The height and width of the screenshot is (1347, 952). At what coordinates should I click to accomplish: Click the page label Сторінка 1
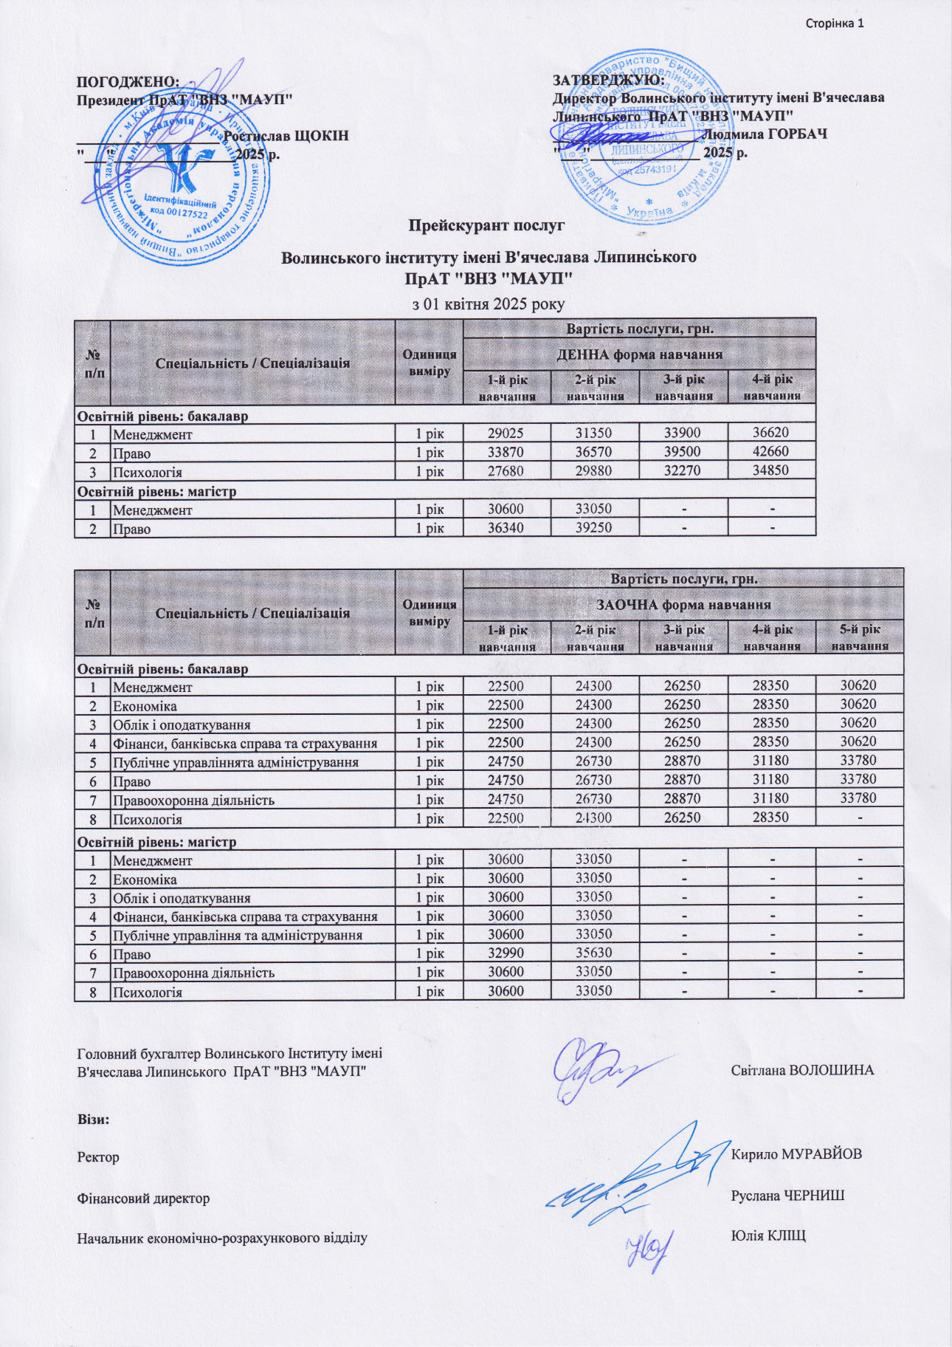(834, 24)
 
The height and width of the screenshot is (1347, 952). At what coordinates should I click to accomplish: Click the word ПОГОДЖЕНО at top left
(128, 81)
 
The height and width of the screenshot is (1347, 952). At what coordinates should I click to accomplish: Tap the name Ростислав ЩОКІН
(286, 136)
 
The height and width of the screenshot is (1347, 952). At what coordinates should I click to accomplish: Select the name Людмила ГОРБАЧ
(765, 134)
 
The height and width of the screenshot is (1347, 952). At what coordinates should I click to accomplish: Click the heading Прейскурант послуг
(486, 224)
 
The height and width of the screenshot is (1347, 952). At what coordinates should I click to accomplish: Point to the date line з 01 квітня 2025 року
(488, 304)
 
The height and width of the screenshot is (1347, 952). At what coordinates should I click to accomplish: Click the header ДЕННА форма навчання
(639, 354)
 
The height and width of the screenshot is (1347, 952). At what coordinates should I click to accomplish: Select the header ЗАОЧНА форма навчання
(683, 605)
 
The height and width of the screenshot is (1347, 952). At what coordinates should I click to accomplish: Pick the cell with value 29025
(506, 433)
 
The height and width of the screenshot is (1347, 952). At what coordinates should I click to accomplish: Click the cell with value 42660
(771, 452)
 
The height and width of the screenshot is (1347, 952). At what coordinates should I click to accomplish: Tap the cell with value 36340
(506, 528)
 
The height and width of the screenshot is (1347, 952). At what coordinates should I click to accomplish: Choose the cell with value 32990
(506, 953)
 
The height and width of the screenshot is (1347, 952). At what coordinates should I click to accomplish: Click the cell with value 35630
(594, 953)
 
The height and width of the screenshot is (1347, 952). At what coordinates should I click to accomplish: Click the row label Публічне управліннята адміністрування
(235, 762)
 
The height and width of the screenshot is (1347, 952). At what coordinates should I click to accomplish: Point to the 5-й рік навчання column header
(860, 637)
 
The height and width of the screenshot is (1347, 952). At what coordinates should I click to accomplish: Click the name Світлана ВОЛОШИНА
(802, 1070)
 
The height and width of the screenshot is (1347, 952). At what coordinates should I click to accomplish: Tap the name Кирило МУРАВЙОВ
(796, 1154)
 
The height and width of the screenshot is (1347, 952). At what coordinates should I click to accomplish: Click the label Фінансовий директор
(143, 1198)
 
